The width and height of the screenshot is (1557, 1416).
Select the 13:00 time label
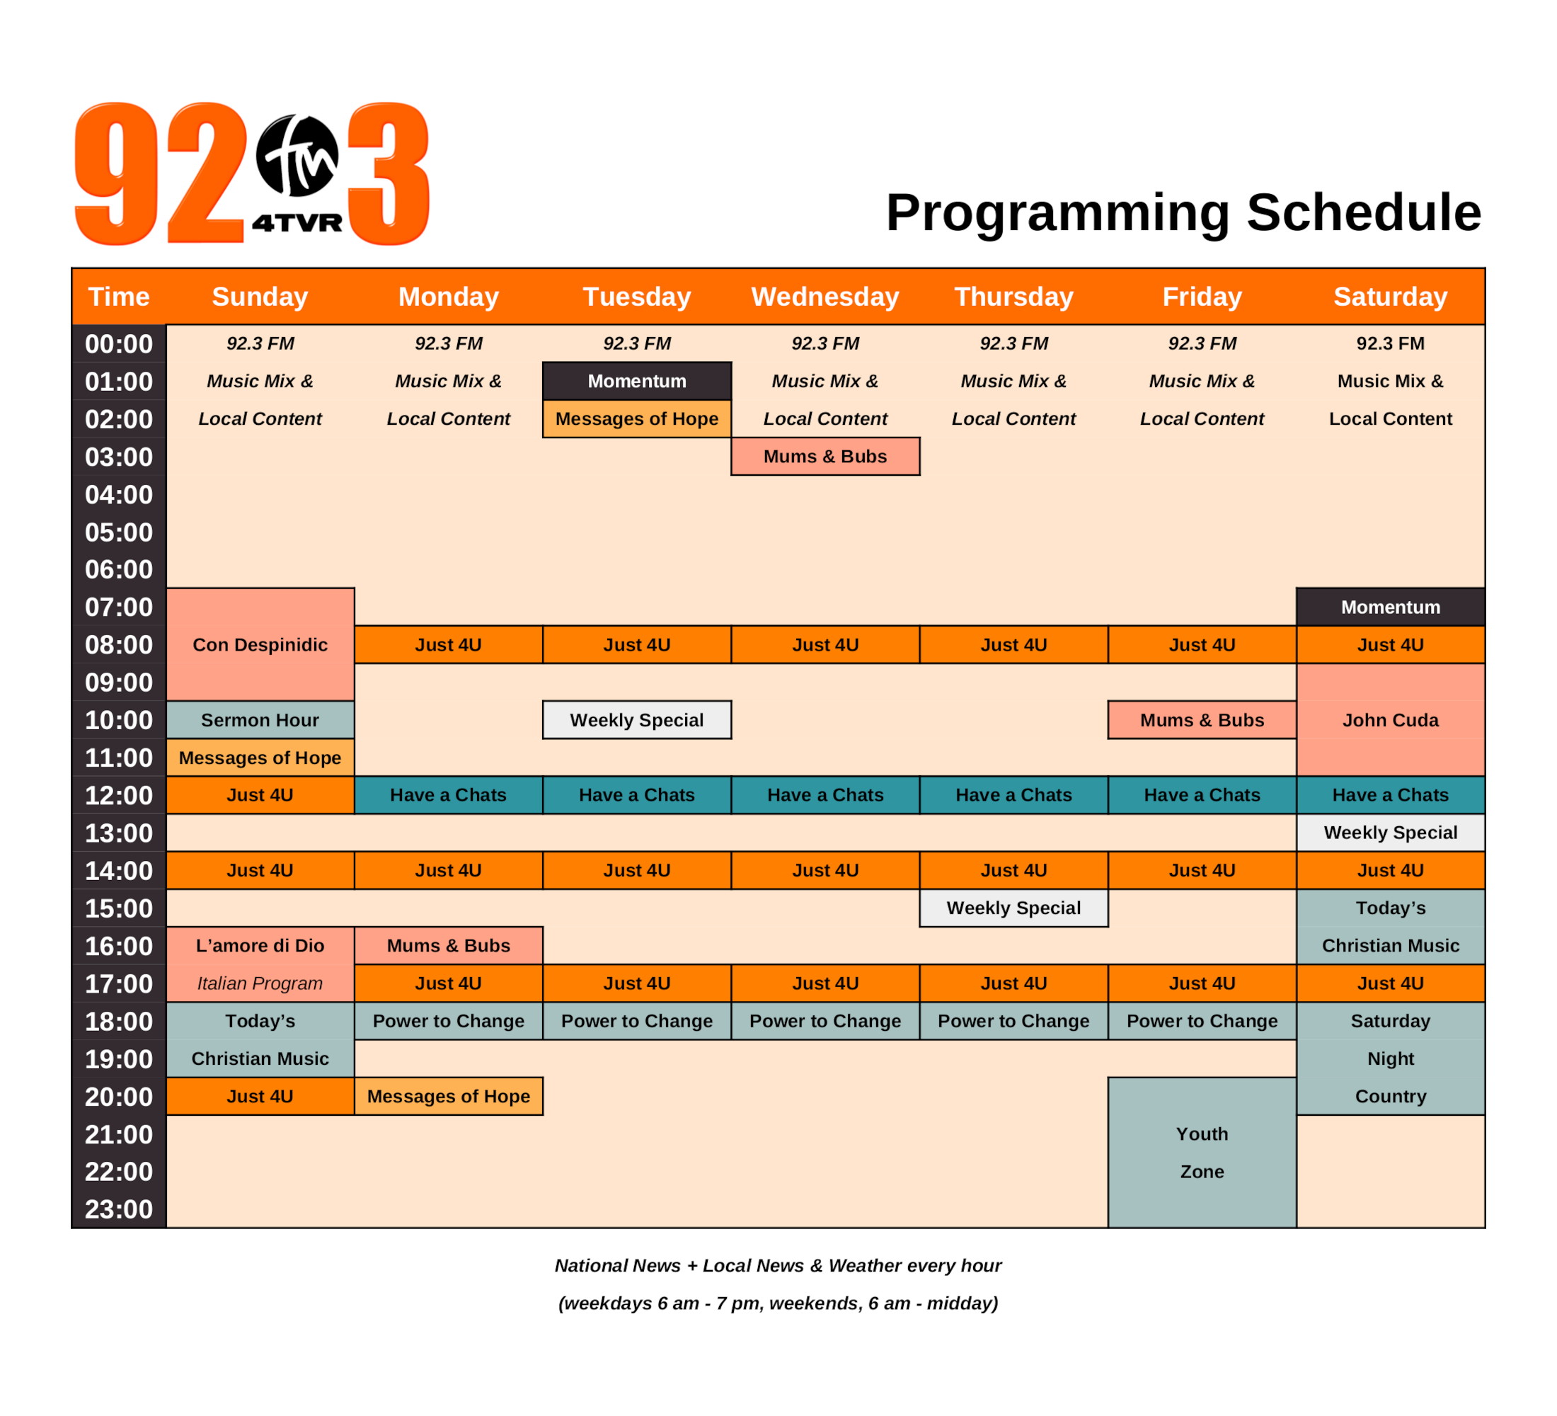[x=119, y=833]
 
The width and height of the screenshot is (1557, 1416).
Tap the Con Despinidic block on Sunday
[x=260, y=644]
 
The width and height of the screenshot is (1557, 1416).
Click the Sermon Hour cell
[x=260, y=720]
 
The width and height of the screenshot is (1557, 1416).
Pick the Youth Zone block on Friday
[x=1202, y=1153]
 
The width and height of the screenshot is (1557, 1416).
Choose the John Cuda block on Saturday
[x=1390, y=720]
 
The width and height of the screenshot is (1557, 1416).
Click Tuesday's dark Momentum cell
[x=636, y=381]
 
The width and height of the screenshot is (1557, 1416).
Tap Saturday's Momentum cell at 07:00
[x=1390, y=607]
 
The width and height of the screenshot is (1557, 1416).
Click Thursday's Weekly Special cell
[x=1013, y=908]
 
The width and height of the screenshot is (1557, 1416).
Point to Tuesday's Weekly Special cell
[x=636, y=720]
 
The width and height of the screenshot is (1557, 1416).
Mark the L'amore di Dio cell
[x=260, y=946]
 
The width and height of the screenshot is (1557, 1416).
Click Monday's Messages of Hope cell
[x=449, y=1096]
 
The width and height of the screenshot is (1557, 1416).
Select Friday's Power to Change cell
[x=1202, y=1020]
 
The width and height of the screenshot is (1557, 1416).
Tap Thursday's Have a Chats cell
[x=1013, y=795]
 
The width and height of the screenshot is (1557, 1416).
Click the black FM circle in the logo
[x=297, y=155]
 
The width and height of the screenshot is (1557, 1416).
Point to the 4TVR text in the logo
[x=297, y=223]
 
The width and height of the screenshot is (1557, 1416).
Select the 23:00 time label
[x=119, y=1209]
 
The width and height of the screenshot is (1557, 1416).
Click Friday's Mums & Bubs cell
[x=1202, y=720]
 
